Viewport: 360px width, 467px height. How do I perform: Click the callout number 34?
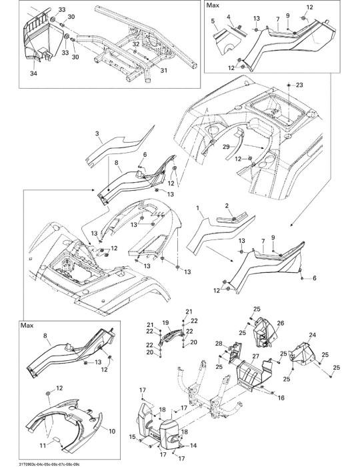(x=33, y=73)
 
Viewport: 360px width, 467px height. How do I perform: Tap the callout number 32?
(x=136, y=44)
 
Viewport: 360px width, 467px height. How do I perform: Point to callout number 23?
(x=299, y=85)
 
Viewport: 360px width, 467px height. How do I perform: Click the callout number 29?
(x=226, y=147)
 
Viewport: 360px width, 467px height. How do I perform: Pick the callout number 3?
(x=97, y=133)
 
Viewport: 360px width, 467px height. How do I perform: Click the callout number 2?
(x=227, y=205)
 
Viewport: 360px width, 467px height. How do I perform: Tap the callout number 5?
(x=213, y=21)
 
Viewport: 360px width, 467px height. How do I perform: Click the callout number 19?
(x=165, y=322)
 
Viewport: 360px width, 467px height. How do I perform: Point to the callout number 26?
(x=281, y=323)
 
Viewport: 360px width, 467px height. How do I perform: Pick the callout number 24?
(x=312, y=335)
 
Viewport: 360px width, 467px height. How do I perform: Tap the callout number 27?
(x=255, y=356)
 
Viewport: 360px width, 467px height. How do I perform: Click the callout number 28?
(x=219, y=344)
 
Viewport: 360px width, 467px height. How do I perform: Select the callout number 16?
(x=281, y=398)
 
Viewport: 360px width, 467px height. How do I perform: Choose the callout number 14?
(x=193, y=446)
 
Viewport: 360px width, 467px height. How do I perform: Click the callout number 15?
(x=133, y=436)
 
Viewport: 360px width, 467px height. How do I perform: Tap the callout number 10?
(x=112, y=431)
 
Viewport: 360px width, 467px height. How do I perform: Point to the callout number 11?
(x=43, y=446)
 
